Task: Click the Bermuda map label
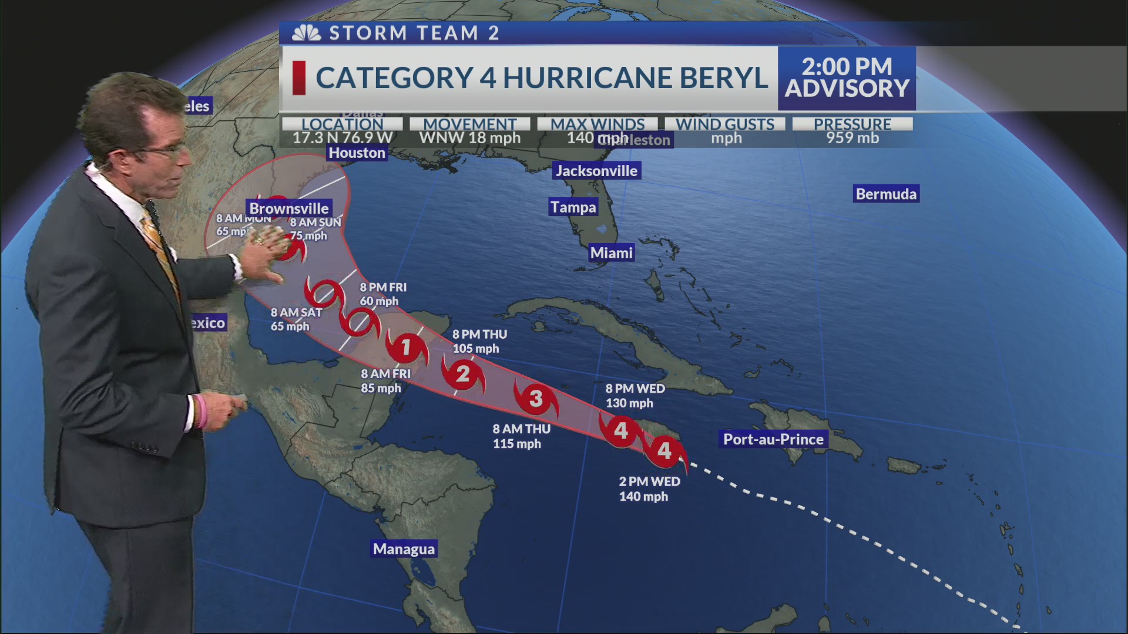coord(886,194)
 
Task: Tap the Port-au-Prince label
coord(773,440)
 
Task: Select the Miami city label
coord(611,253)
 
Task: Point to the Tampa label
coord(573,207)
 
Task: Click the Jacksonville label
coord(596,171)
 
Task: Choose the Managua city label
coord(404,549)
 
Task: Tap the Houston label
coord(357,153)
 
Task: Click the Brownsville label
coord(288,208)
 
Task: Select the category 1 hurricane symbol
coord(406,348)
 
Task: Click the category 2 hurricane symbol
coord(463,374)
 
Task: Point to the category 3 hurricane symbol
coord(535,399)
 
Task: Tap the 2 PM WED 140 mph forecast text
coord(649,489)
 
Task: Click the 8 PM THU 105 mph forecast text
coord(479,342)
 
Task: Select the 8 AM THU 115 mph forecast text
coord(521,436)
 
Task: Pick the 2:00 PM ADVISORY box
coord(847,78)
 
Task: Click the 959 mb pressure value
coord(852,139)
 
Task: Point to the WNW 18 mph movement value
coord(469,139)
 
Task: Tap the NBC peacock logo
coord(307,33)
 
